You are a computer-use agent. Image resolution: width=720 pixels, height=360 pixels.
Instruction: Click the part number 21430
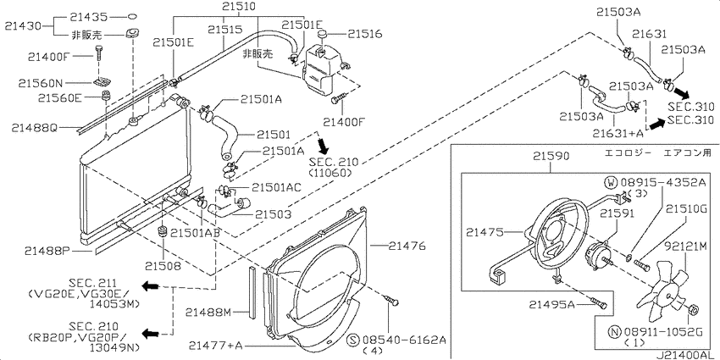(23, 26)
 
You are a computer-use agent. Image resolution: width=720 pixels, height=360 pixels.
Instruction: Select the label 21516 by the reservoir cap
(364, 34)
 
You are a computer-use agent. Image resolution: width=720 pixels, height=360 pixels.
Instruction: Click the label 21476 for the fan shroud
(407, 246)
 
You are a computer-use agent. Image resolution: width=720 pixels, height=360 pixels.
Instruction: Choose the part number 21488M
(208, 313)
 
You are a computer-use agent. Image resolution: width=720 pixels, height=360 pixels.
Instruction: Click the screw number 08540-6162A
(405, 341)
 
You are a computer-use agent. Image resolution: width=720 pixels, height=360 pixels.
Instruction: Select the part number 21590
(551, 156)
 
